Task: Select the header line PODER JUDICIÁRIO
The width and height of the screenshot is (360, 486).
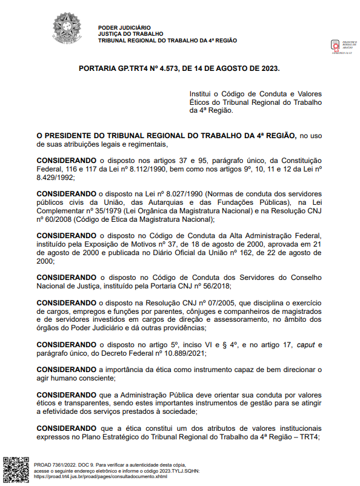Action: pyautogui.click(x=124, y=28)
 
